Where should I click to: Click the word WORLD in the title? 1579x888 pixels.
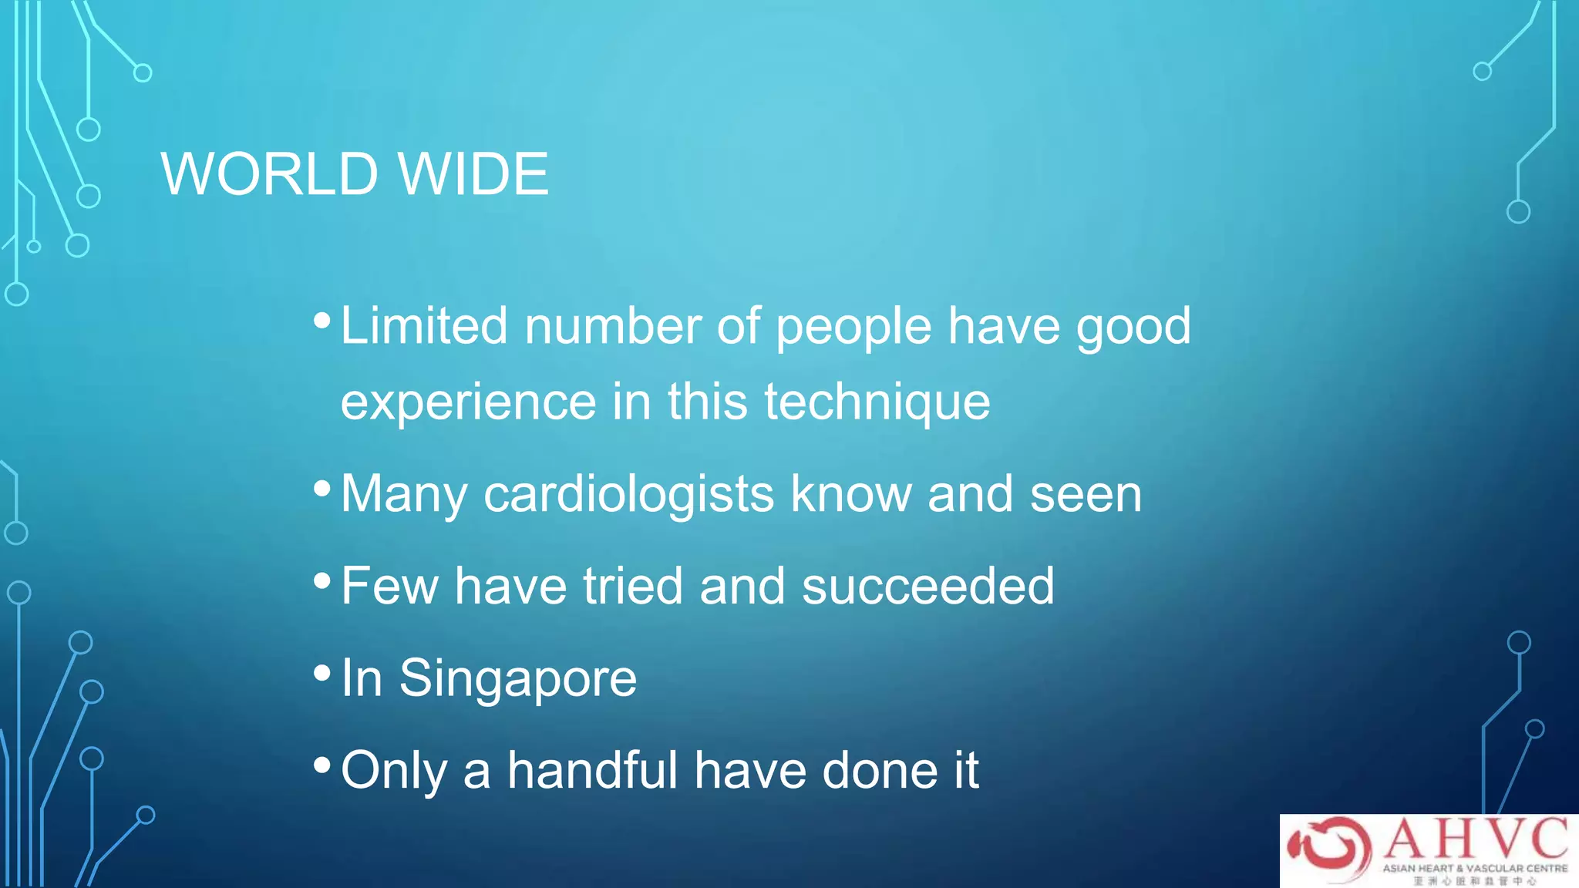click(x=269, y=174)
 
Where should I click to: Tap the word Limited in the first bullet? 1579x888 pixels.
click(x=423, y=325)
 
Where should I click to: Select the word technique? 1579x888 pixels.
click(x=877, y=402)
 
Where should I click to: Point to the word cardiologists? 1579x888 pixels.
click(x=628, y=494)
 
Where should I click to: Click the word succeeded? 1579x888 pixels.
click(x=928, y=586)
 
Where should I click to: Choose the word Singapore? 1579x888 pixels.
click(x=517, y=680)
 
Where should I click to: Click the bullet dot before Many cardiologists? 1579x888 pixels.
click(x=322, y=488)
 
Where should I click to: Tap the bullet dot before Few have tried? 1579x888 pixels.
click(x=322, y=580)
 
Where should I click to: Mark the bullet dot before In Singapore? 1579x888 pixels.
click(x=322, y=673)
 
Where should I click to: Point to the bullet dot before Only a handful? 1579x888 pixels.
click(x=322, y=765)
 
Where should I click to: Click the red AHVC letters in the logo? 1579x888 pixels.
click(x=1476, y=839)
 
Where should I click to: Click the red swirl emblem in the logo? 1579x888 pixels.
click(x=1330, y=848)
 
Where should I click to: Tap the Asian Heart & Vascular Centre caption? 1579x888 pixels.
click(x=1474, y=869)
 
